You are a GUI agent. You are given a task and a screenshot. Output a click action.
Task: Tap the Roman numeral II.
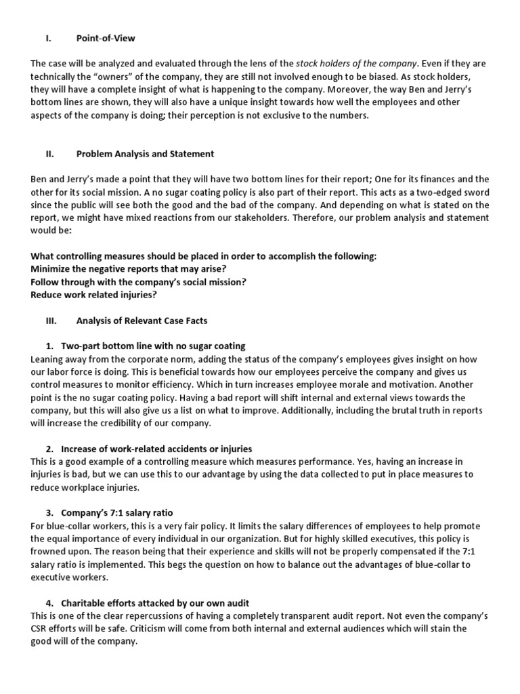pyautogui.click(x=49, y=154)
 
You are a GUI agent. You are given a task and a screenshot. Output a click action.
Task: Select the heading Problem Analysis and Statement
pyautogui.click(x=145, y=154)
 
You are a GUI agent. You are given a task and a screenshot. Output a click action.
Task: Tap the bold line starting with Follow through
pyautogui.click(x=138, y=281)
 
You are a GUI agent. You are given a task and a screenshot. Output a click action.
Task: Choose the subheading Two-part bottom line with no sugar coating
pyautogui.click(x=153, y=346)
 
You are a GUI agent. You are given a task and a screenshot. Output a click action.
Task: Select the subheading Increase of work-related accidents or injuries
pyautogui.click(x=156, y=449)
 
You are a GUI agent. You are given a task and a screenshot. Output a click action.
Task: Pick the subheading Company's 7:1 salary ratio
pyautogui.click(x=122, y=512)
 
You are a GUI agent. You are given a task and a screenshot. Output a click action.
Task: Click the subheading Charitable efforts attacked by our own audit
pyautogui.click(x=157, y=602)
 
